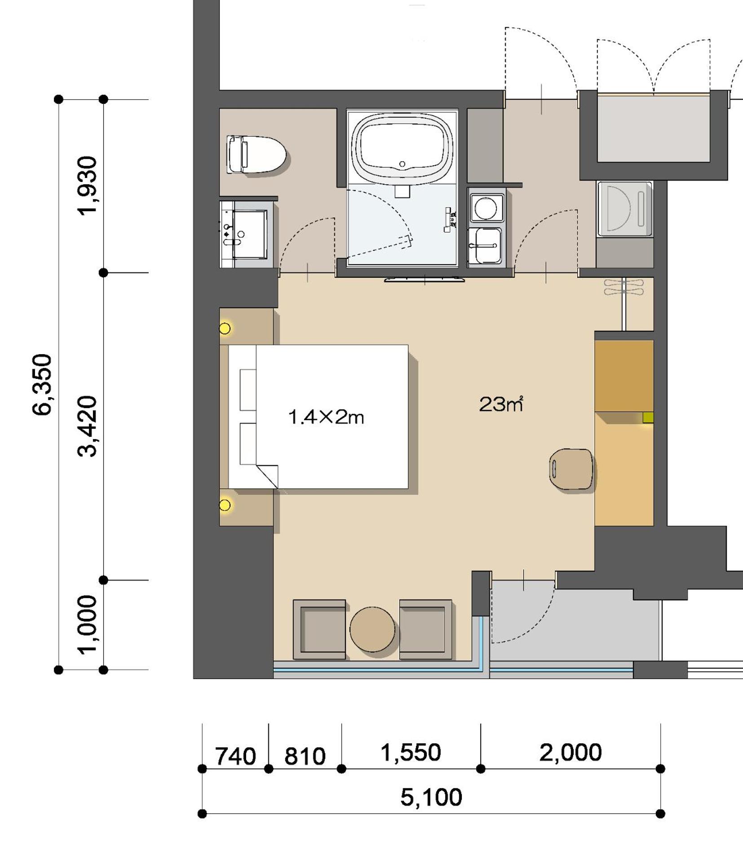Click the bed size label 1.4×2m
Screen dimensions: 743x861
point(326,417)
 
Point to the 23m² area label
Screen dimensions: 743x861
point(501,404)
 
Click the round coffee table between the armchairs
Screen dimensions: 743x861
point(372,629)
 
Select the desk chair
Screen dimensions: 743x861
point(571,469)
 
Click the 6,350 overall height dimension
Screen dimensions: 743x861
point(44,384)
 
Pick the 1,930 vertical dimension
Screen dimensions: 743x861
point(87,186)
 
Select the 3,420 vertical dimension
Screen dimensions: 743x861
point(87,426)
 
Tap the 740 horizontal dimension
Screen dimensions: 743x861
point(235,756)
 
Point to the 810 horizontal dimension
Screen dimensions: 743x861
point(305,756)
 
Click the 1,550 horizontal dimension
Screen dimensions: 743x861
point(411,752)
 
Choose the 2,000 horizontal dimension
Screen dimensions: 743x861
point(571,752)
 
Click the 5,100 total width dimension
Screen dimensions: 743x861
point(431,797)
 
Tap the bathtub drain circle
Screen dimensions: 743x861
point(402,164)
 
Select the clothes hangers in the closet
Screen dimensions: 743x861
point(624,287)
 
